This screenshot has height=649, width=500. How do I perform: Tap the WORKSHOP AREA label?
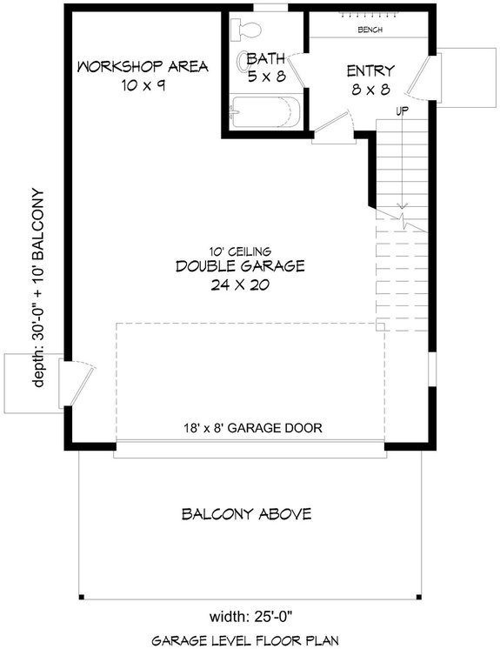click(x=142, y=67)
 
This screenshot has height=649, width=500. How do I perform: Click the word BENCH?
click(x=370, y=30)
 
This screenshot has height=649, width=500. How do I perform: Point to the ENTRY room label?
click(x=370, y=70)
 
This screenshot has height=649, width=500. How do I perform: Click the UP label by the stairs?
click(x=402, y=112)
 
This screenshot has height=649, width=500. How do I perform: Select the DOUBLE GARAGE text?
click(x=239, y=266)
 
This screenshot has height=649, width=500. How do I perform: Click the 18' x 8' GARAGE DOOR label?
click(x=251, y=427)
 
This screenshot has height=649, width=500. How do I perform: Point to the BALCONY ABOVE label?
click(x=246, y=514)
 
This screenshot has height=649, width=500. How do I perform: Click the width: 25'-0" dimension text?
click(x=249, y=619)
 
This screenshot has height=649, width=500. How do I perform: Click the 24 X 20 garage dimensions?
click(x=240, y=284)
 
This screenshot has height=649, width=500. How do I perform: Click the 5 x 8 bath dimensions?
click(x=266, y=77)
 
